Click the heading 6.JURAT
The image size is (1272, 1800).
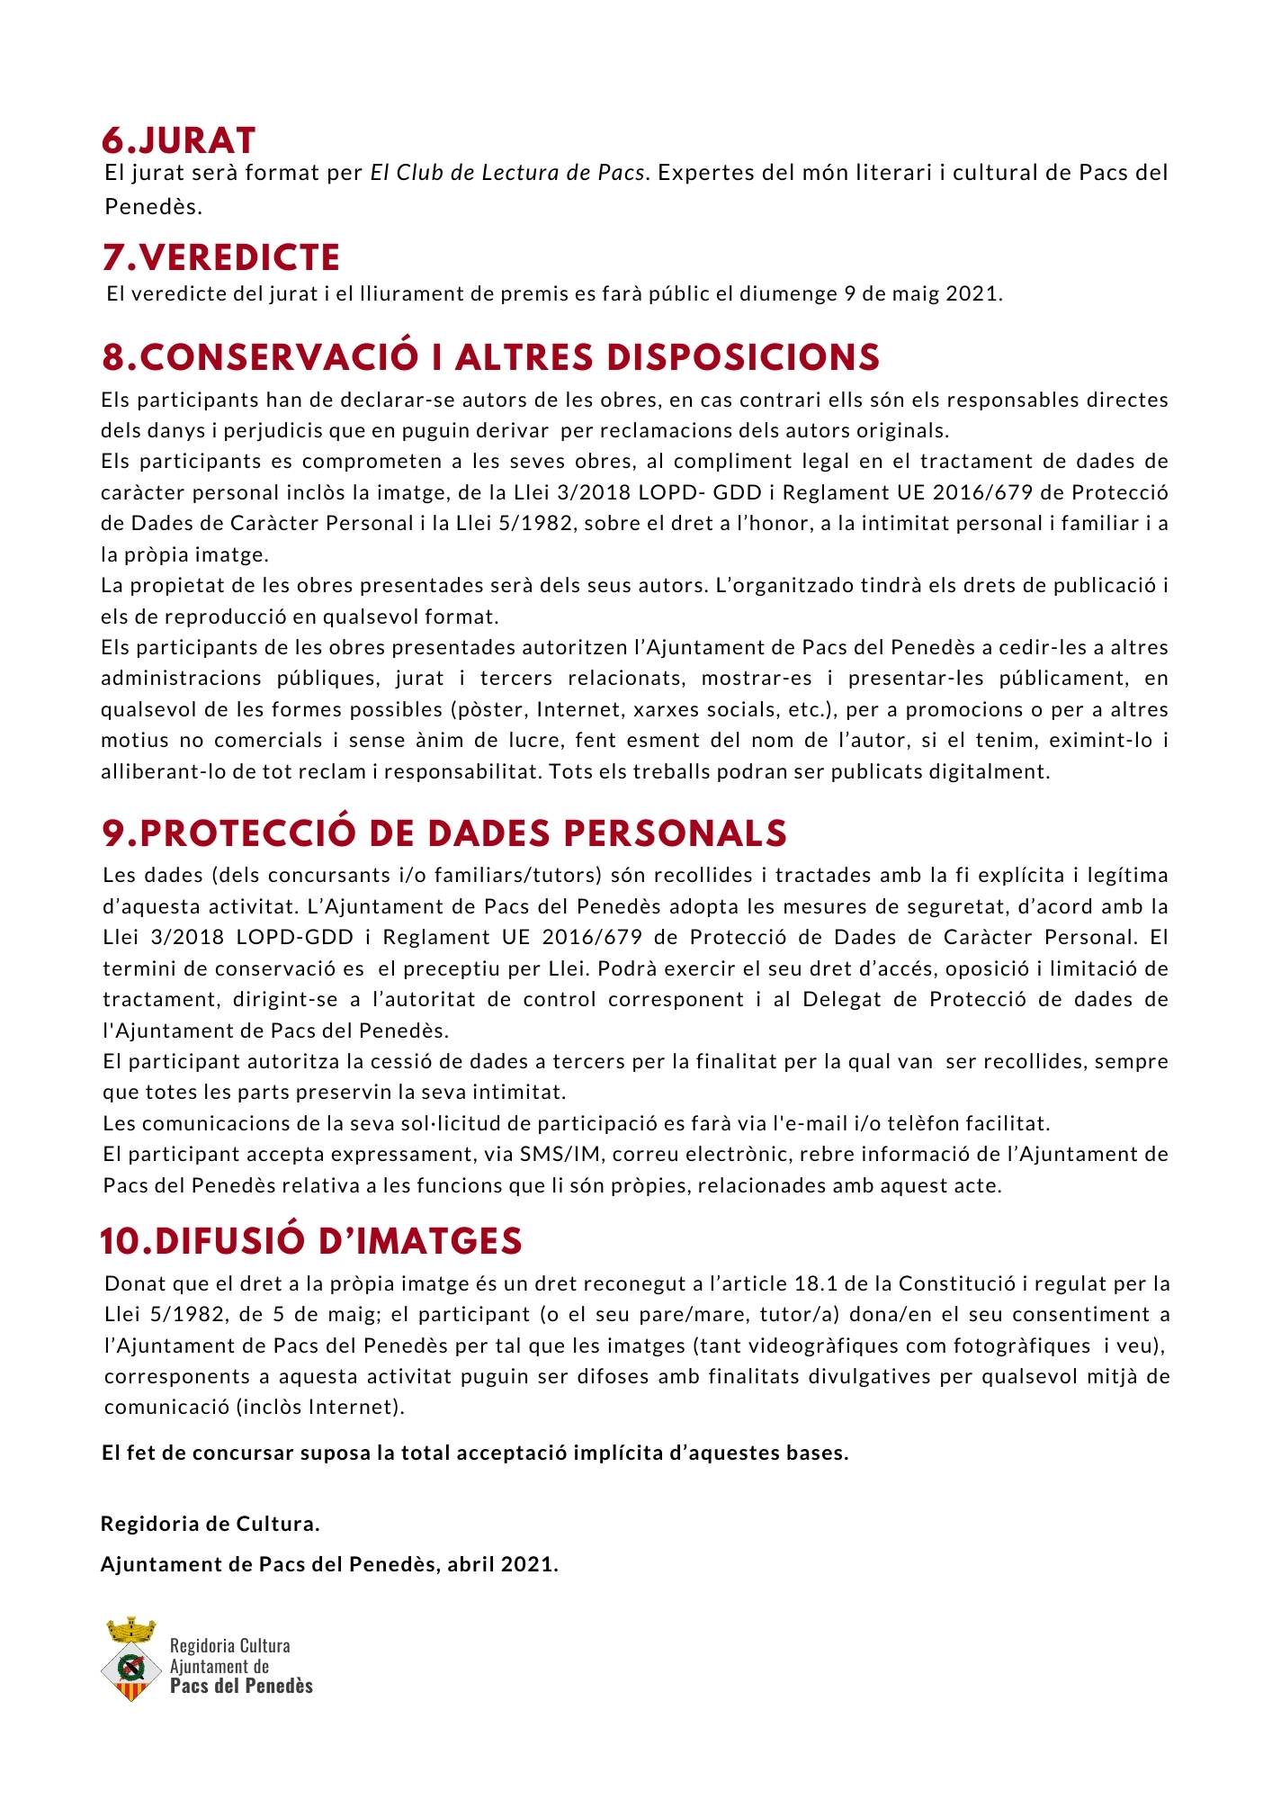point(179,140)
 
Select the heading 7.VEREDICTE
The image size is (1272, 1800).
point(221,257)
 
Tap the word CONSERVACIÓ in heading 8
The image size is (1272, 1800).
point(279,357)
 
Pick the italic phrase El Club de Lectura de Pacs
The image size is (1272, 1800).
point(507,173)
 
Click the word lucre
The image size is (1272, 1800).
point(532,740)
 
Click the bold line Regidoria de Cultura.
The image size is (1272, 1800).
point(211,1524)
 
